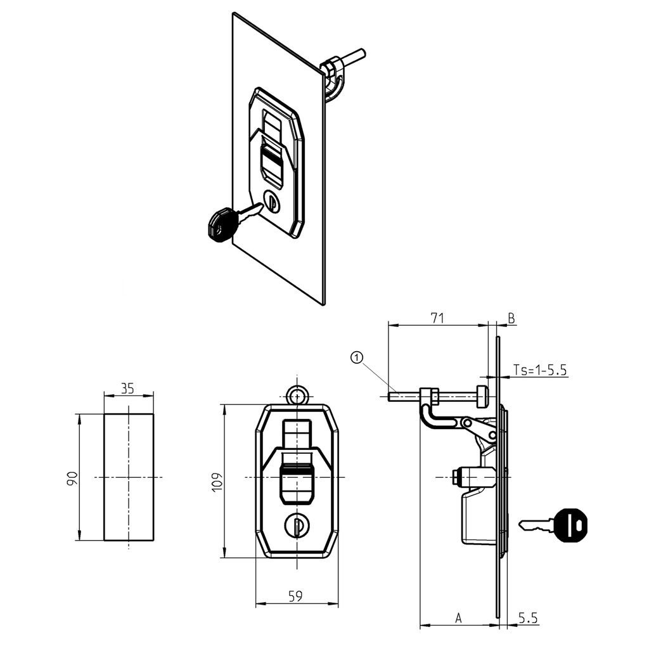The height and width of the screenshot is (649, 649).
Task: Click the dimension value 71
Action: click(x=437, y=318)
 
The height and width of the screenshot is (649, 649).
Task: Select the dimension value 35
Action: click(x=128, y=389)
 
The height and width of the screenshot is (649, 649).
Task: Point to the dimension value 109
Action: click(x=216, y=481)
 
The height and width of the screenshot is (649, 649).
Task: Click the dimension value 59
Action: click(x=295, y=596)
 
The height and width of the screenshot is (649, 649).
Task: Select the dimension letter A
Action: click(x=458, y=617)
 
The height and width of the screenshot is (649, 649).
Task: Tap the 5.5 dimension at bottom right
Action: click(x=528, y=617)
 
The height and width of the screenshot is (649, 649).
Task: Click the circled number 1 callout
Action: click(x=357, y=358)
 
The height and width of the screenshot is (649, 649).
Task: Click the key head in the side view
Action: click(x=570, y=525)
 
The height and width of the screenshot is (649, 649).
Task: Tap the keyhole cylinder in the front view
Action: click(x=296, y=525)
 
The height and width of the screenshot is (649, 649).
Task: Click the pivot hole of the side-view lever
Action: click(x=467, y=422)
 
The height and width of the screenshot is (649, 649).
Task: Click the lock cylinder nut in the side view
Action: click(x=457, y=476)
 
